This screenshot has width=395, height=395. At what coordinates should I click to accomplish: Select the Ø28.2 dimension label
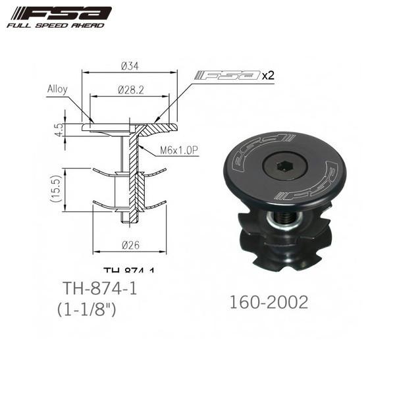coord(129,89)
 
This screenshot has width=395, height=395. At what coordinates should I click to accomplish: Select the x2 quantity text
coord(267,75)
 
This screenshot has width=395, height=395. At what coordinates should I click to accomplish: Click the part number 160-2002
coord(269,302)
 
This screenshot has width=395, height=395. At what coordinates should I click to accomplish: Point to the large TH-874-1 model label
coord(95,289)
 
